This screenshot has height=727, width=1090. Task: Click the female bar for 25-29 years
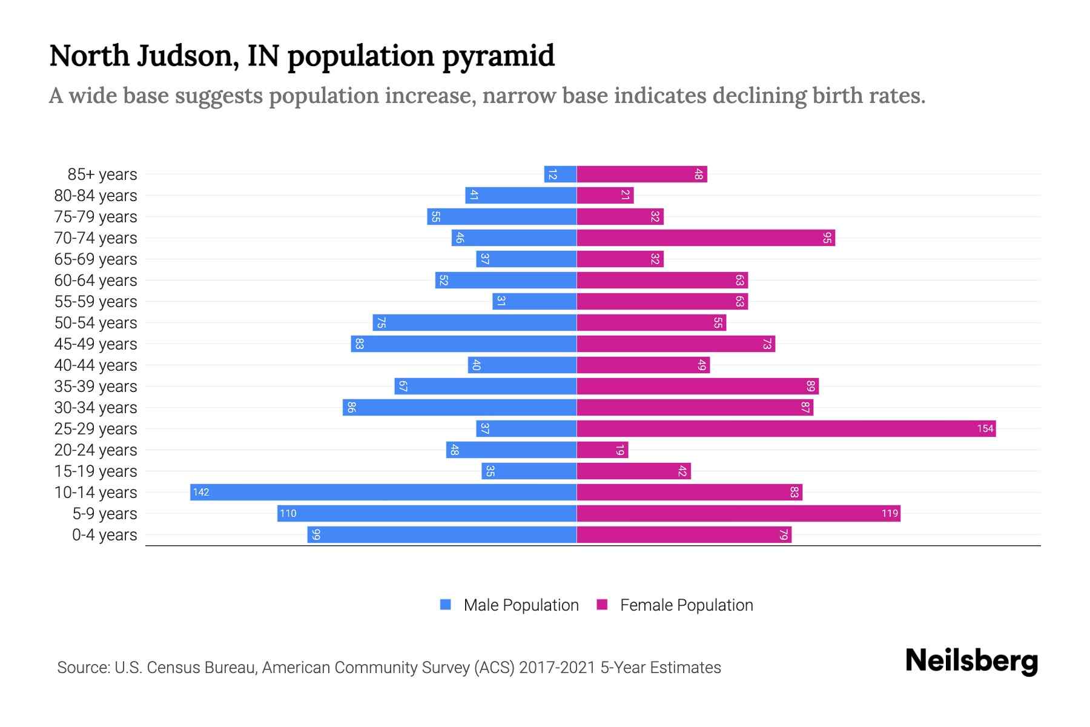(786, 429)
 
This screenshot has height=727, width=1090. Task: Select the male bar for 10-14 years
(383, 493)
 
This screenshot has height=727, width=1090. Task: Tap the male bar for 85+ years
(560, 174)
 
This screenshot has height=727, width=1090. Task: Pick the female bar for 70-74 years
(705, 238)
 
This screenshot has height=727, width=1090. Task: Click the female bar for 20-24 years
(603, 450)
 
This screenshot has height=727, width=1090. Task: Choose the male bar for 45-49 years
(464, 344)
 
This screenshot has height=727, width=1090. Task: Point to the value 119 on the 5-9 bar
(890, 514)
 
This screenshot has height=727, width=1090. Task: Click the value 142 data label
(201, 493)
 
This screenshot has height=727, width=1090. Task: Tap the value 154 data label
(985, 429)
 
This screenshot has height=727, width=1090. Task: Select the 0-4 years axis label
(104, 535)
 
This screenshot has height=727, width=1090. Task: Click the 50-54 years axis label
(96, 323)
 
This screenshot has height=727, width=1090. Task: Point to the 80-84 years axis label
(96, 196)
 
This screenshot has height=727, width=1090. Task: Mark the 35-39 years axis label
(96, 387)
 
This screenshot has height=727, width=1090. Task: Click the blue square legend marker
(446, 605)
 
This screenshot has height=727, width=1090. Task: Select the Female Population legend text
(686, 605)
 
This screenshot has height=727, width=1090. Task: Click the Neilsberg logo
(971, 661)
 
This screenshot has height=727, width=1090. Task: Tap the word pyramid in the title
(498, 56)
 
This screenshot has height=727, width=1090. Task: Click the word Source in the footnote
(82, 668)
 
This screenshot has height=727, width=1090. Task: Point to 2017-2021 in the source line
(557, 668)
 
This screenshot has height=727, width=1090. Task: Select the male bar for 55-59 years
(534, 302)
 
